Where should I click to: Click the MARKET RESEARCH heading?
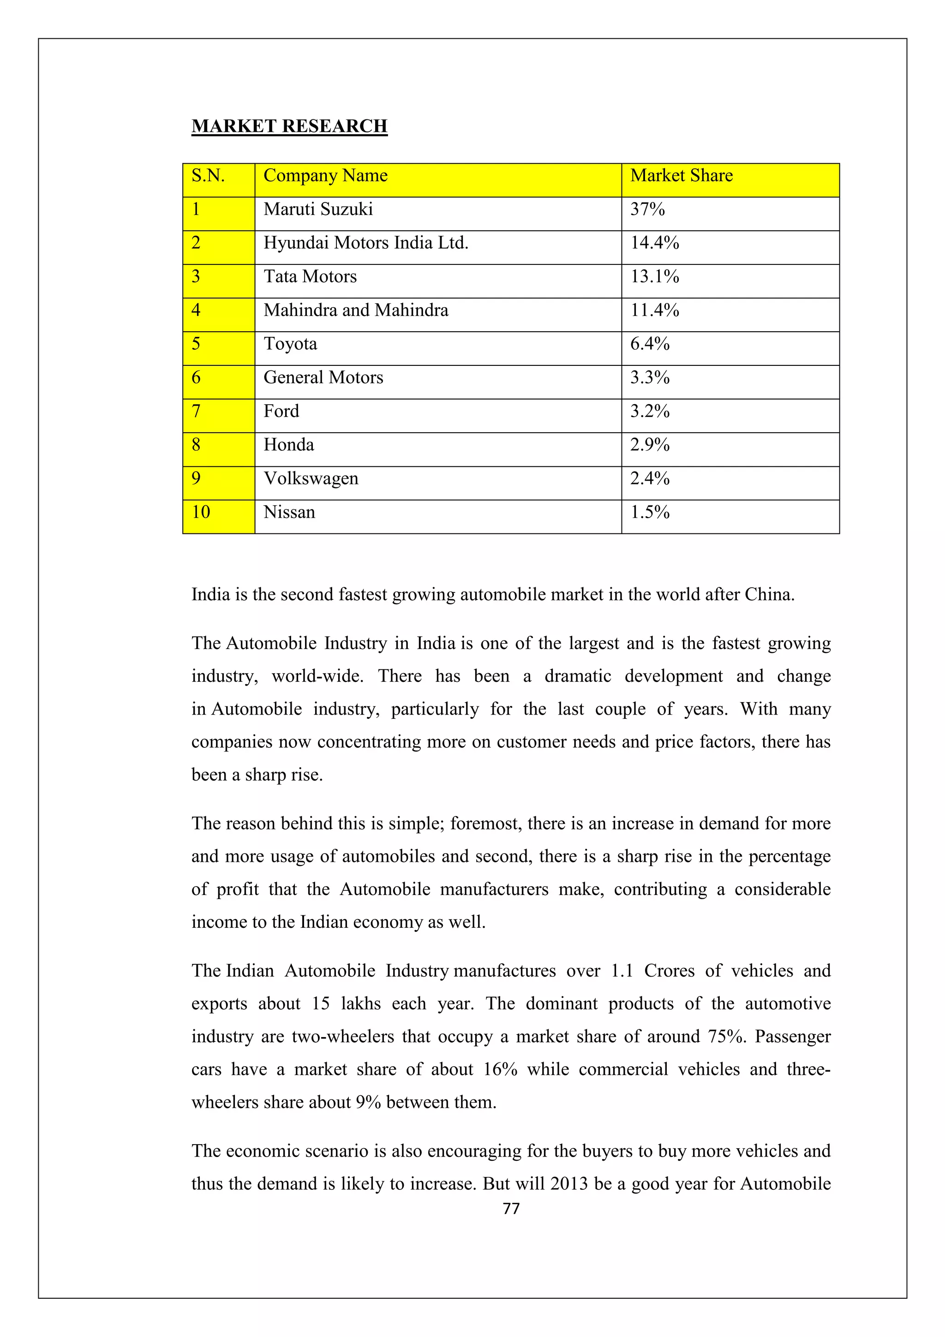click(x=289, y=126)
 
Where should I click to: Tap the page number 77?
click(x=511, y=1209)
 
